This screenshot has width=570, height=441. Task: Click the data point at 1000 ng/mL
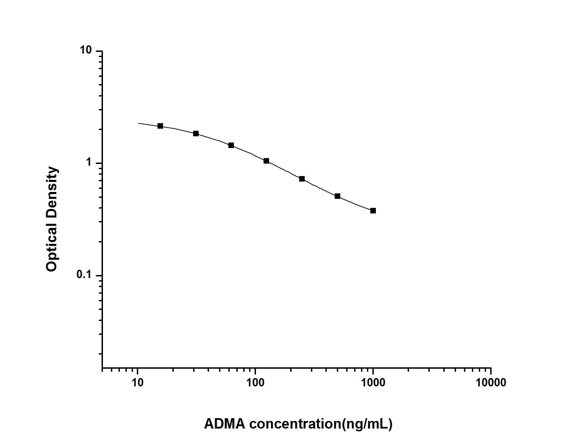click(x=373, y=211)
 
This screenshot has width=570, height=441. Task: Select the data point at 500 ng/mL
click(x=338, y=196)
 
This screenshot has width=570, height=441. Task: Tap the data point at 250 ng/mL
click(x=302, y=179)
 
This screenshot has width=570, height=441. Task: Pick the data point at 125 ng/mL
click(x=266, y=161)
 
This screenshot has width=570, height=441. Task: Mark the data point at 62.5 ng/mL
click(x=231, y=145)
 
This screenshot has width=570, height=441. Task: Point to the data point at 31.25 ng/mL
click(x=196, y=134)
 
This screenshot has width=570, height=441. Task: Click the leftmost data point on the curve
click(x=160, y=126)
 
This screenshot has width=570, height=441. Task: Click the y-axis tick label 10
click(x=86, y=50)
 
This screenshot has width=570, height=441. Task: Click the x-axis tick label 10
click(x=138, y=383)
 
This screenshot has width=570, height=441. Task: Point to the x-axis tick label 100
click(x=255, y=383)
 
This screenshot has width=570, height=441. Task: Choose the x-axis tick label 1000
click(x=373, y=383)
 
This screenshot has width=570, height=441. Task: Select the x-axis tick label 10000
click(x=491, y=383)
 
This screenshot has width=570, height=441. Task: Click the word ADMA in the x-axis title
click(x=225, y=424)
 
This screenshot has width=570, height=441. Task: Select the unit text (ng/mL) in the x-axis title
click(x=367, y=424)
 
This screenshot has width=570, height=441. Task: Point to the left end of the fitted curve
click(x=139, y=123)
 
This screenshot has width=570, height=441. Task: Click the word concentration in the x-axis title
click(x=295, y=424)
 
